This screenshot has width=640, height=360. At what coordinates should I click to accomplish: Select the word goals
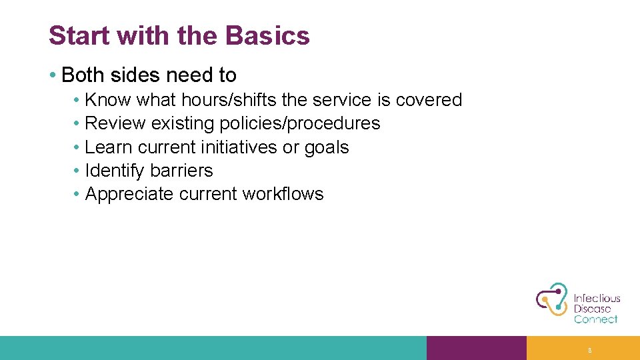[327, 147]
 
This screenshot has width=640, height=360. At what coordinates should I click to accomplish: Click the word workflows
[283, 194]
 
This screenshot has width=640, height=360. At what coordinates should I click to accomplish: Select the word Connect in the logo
[595, 319]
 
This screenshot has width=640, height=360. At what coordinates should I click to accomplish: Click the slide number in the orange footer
[589, 349]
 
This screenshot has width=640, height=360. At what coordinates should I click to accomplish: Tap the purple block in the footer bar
[476, 348]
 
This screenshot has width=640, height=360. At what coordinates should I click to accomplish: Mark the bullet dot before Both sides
[52, 75]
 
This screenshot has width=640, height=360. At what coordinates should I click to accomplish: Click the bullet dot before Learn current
[77, 147]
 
